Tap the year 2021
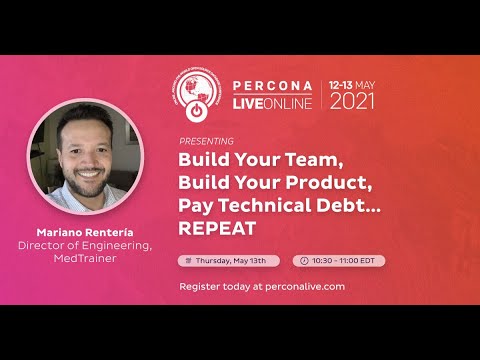click(354, 101)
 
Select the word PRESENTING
click(207, 140)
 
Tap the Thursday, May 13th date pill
click(229, 260)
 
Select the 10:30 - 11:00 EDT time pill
click(338, 260)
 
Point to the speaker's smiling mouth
click(82, 186)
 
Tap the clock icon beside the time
click(303, 260)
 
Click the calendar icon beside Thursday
click(189, 260)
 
